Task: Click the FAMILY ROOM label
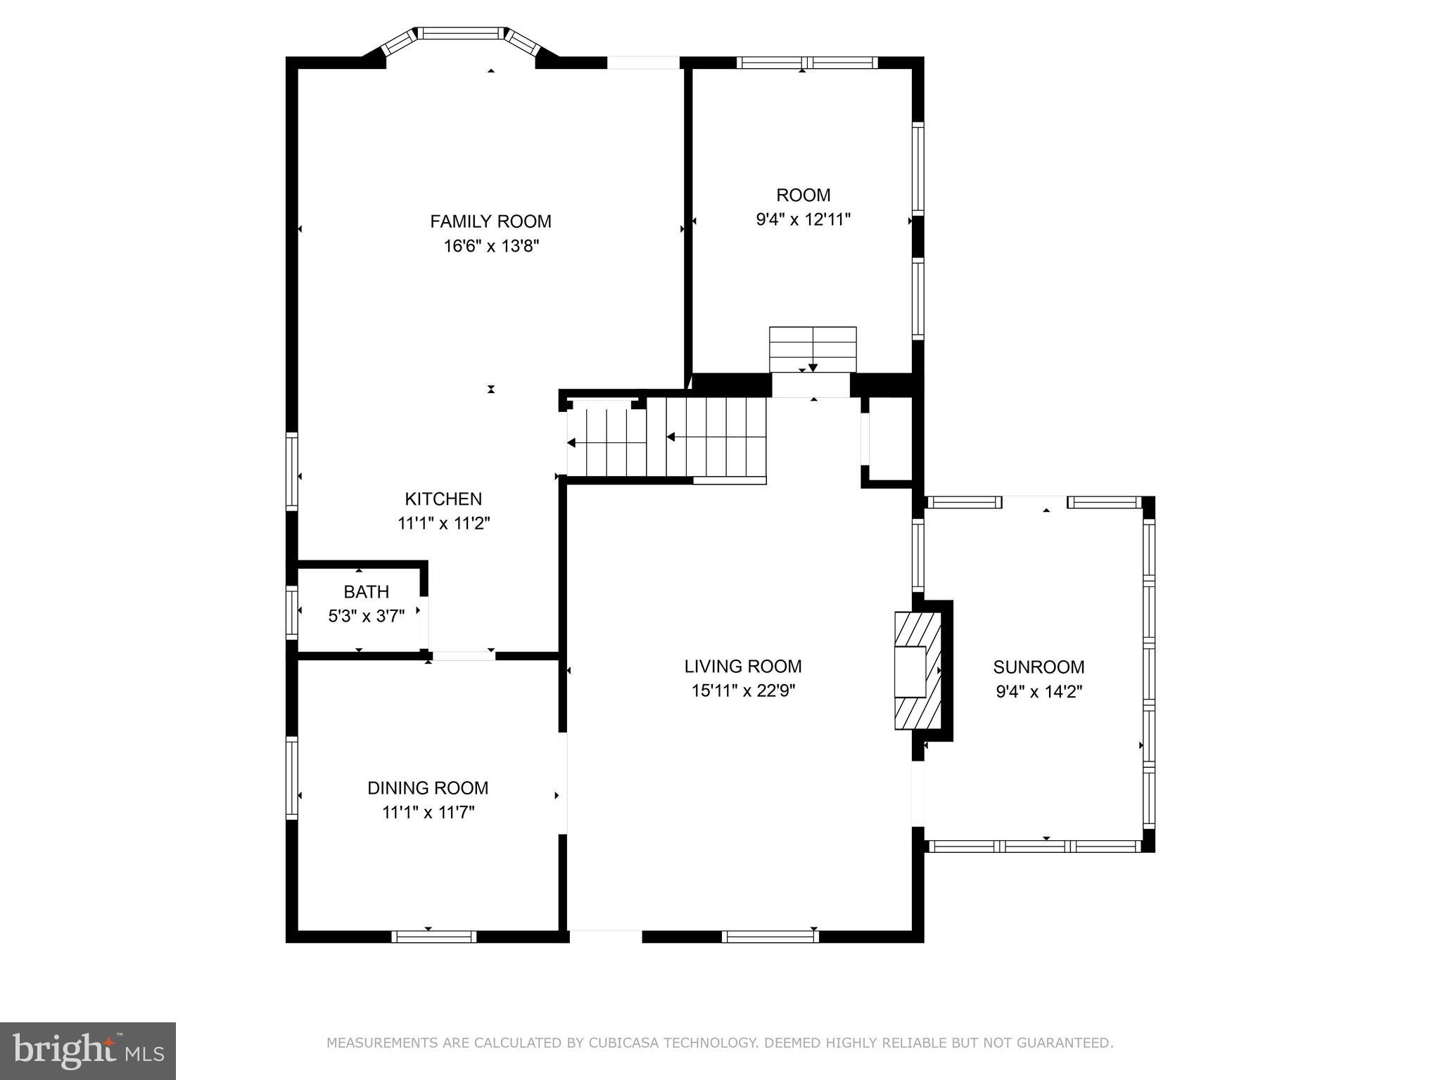point(490,221)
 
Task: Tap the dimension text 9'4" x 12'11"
point(803,220)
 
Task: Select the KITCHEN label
point(443,499)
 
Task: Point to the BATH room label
point(366,592)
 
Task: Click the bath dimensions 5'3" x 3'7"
point(366,617)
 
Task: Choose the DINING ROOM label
point(428,788)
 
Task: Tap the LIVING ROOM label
point(743,666)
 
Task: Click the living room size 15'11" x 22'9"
point(743,690)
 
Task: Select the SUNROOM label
point(1039,667)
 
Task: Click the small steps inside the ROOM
point(813,349)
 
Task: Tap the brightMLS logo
point(87,1051)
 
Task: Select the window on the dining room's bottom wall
point(433,937)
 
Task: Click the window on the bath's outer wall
point(291,612)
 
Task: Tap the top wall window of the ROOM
point(807,63)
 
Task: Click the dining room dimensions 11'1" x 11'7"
point(428,813)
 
